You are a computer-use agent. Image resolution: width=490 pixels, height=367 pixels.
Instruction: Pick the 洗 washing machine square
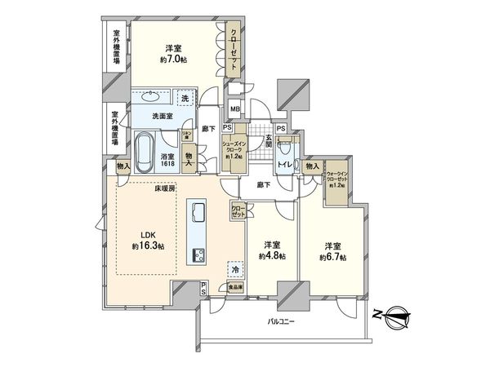point(185,98)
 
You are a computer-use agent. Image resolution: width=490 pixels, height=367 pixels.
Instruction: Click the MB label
point(234,110)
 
